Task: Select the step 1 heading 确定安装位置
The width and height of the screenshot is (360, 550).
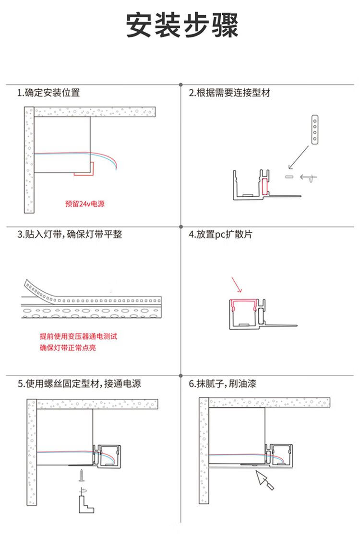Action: pyautogui.click(x=48, y=93)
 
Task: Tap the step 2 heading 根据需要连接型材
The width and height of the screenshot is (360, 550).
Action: pyautogui.click(x=229, y=93)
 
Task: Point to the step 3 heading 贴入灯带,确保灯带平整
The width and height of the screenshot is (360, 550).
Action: pyautogui.click(x=70, y=235)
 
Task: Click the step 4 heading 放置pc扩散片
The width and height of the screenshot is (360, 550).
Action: pyautogui.click(x=220, y=235)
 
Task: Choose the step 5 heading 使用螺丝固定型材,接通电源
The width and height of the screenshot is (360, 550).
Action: pyautogui.click(x=79, y=384)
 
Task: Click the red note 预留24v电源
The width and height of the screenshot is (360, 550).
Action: pyautogui.click(x=84, y=204)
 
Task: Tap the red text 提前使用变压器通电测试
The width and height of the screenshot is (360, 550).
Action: pyautogui.click(x=78, y=336)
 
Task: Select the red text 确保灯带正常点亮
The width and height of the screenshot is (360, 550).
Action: pyautogui.click(x=68, y=347)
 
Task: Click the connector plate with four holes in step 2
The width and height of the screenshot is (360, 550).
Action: pyautogui.click(x=315, y=129)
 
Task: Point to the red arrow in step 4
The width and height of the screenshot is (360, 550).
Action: pyautogui.click(x=238, y=285)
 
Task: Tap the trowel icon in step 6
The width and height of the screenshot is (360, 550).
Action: pyautogui.click(x=264, y=480)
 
